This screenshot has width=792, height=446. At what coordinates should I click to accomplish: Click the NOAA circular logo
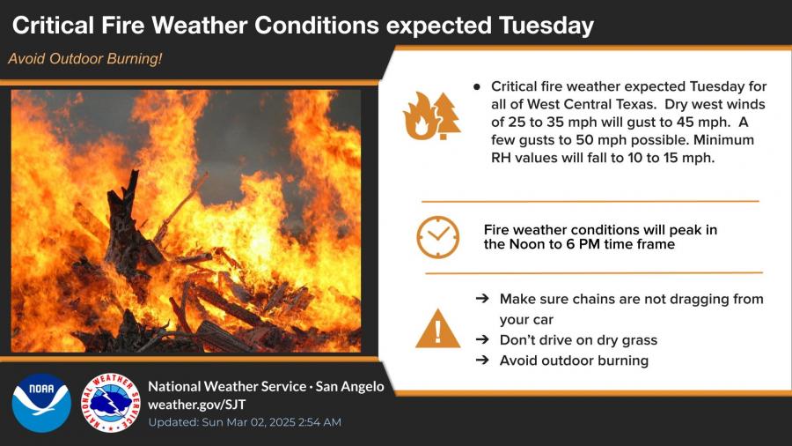41,403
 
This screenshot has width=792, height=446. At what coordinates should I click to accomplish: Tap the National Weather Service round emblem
111,403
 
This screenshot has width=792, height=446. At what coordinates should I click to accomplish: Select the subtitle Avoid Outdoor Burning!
84,59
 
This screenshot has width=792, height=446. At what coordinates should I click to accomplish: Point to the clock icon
438,237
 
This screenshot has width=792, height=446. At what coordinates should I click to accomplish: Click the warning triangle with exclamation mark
438,329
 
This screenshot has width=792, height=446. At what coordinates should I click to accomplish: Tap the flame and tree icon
431,115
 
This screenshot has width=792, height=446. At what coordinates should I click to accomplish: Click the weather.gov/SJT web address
197,405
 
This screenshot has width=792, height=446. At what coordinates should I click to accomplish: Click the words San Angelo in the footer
349,386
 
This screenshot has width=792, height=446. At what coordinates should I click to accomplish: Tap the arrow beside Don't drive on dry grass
482,339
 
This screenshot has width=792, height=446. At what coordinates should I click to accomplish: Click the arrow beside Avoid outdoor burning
482,360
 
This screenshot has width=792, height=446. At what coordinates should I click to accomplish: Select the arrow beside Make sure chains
482,298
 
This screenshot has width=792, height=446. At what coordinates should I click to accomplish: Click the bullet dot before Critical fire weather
477,87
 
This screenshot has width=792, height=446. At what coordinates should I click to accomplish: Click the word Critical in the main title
53,26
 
